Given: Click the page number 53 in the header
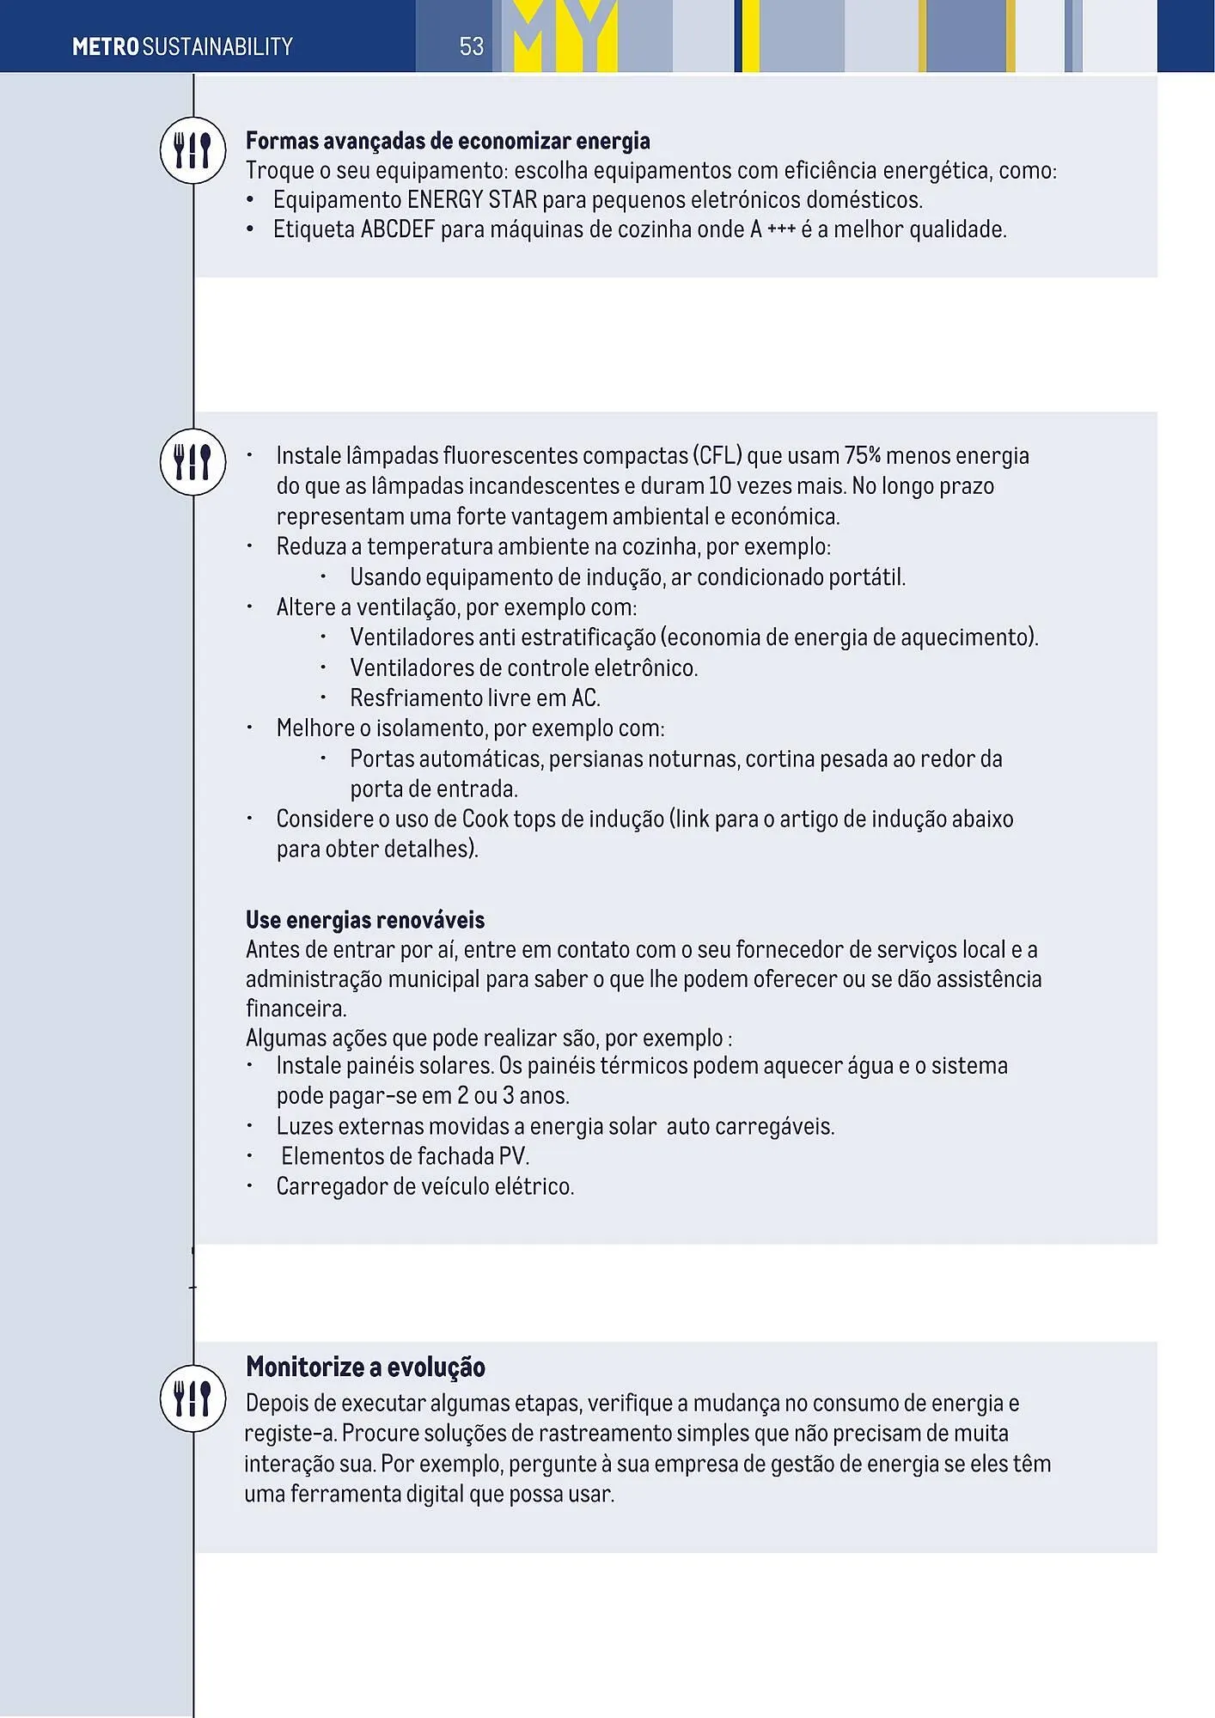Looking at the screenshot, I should point(472,46).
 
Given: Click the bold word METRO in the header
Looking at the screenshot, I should point(106,46).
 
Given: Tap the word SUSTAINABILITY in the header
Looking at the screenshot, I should point(217,46).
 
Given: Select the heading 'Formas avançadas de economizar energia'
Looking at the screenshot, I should point(448,141).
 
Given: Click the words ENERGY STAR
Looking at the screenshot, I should point(472,200).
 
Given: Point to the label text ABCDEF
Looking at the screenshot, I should point(397,230).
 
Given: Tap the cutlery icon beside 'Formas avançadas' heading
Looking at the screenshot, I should point(192,150).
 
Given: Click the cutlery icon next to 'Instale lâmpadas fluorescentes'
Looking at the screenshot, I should point(192,462).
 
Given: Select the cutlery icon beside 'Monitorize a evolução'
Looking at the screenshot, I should point(192,1398).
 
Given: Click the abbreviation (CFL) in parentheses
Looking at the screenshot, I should point(716,456).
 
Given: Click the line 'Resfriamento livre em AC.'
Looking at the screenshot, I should point(474,698).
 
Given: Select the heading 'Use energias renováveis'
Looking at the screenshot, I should point(364,921).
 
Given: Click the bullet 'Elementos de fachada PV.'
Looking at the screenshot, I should point(405,1157).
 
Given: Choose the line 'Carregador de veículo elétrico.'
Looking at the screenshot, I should point(424,1187).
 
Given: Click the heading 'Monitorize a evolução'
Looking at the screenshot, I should point(365,1367).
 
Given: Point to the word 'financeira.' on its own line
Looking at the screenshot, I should point(296,1008).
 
